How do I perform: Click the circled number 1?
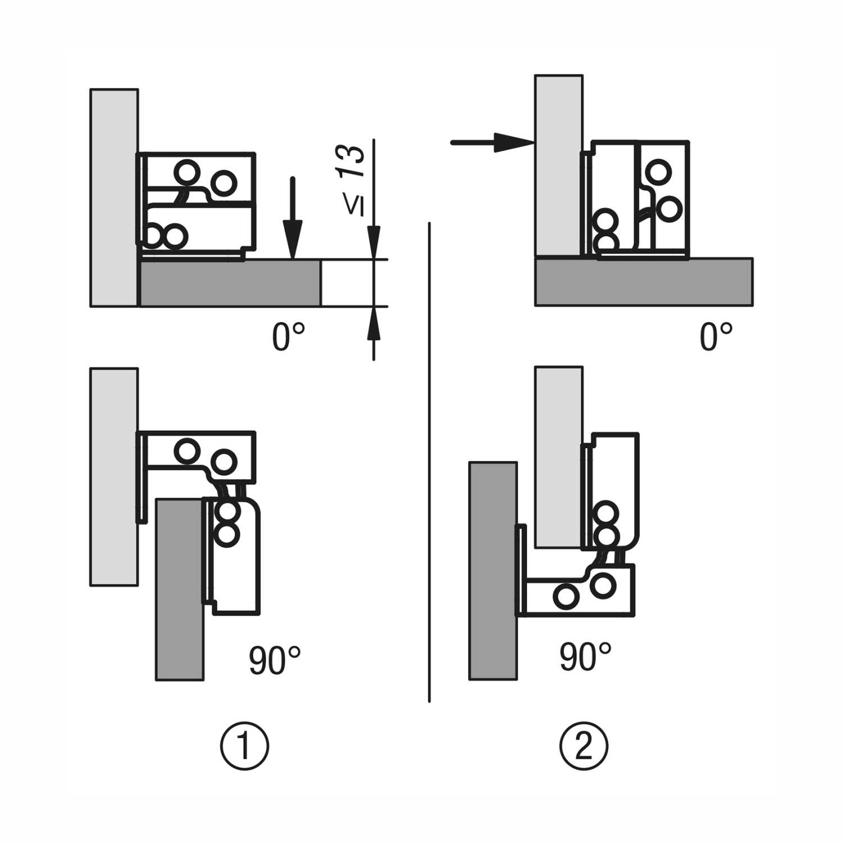(244, 746)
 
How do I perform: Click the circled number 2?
(584, 746)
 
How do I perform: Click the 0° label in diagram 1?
(288, 337)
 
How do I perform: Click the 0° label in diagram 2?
(716, 337)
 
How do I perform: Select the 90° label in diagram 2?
(585, 657)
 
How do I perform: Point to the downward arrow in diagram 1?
(292, 219)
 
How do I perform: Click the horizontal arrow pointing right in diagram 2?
(491, 143)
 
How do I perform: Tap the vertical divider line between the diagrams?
(429, 461)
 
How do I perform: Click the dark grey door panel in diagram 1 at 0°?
(230, 283)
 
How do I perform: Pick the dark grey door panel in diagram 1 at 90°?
(179, 590)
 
